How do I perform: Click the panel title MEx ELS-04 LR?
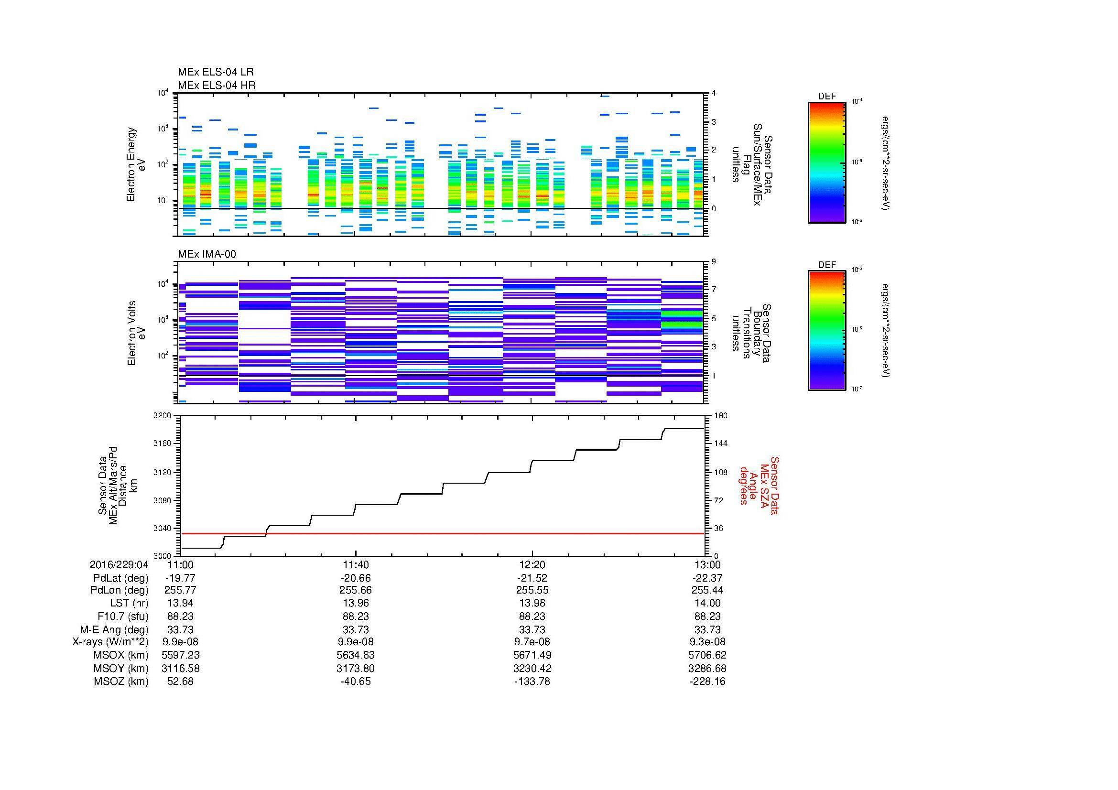click(x=215, y=72)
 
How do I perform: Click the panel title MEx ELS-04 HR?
click(x=216, y=85)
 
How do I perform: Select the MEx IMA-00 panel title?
click(x=206, y=254)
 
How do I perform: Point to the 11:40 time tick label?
click(x=356, y=564)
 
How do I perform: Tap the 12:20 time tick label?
click(x=532, y=564)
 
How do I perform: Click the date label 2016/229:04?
click(x=119, y=564)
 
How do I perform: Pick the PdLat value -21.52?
click(x=532, y=578)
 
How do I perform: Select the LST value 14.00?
click(x=707, y=603)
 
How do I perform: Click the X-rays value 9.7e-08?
click(x=532, y=642)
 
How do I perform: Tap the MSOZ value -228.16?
click(x=707, y=682)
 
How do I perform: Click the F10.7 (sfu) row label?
click(x=123, y=616)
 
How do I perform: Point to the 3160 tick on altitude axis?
click(x=162, y=444)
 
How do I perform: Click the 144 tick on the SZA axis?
click(x=720, y=444)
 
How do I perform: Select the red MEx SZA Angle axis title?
click(x=758, y=485)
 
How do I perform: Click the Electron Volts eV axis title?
click(x=136, y=333)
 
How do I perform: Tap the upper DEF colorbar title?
click(x=826, y=97)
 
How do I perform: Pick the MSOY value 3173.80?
click(x=356, y=668)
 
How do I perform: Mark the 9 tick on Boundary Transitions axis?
click(x=714, y=262)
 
